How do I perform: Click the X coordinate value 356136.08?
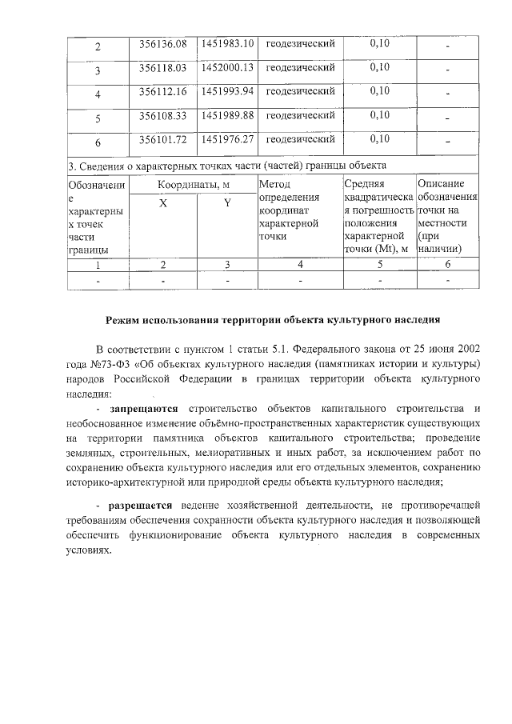coord(162,43)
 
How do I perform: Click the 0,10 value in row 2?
coord(379,43)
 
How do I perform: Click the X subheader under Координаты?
coord(162,203)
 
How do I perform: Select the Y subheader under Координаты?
coord(227,203)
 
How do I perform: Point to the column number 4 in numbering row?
coord(300,264)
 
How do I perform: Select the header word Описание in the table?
coord(442,185)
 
